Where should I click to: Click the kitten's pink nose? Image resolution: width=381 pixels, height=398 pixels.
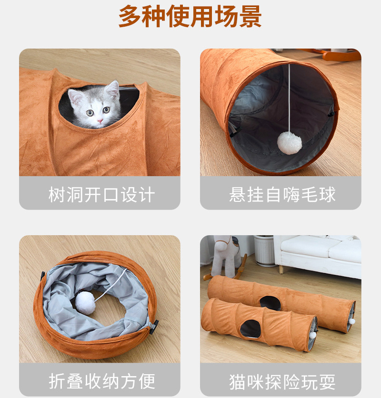pos(100,120)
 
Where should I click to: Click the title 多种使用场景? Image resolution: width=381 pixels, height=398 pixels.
pos(190,16)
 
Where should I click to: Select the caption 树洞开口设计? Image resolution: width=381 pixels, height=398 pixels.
pos(101,195)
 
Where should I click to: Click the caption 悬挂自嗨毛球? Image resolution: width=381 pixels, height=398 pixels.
pos(282,195)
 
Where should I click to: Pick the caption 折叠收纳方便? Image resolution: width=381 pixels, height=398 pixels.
pos(101,381)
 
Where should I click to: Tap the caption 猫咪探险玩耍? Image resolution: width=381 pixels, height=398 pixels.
pos(282,381)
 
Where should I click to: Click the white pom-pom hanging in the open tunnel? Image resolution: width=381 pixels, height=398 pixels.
pos(289,143)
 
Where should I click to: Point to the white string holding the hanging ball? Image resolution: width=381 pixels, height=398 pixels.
pos(289,98)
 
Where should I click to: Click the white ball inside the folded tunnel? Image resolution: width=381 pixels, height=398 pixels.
pos(85,303)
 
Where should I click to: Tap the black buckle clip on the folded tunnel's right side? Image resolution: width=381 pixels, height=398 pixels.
pos(154,327)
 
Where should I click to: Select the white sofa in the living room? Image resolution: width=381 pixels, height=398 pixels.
pos(321,256)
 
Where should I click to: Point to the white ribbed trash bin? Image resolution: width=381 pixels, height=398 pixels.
pos(265,251)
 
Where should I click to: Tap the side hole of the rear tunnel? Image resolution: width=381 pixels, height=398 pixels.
pos(270,303)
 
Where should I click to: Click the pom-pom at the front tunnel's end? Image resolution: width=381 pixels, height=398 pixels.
pos(313,335)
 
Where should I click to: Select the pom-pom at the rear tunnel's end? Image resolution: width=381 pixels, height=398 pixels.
pos(352,321)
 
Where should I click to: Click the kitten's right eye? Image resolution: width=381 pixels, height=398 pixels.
pos(90,113)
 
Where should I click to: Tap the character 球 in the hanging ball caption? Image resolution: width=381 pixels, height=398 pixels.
pos(327,195)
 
